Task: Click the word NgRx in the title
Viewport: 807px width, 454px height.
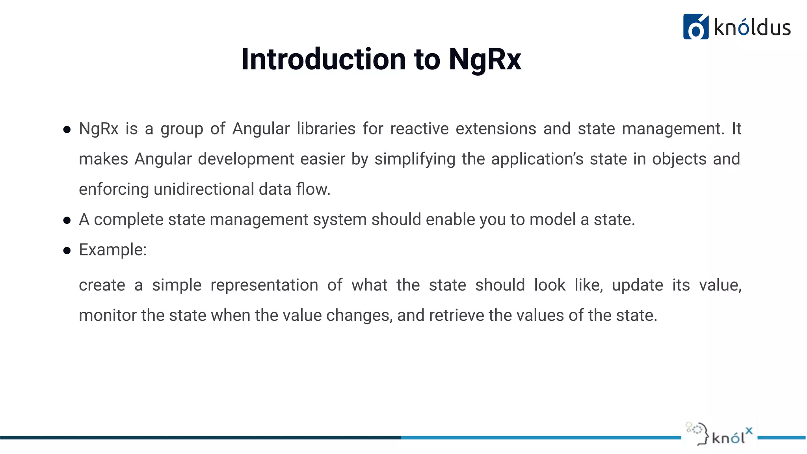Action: [x=485, y=60]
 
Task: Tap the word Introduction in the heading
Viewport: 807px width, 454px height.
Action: [x=324, y=60]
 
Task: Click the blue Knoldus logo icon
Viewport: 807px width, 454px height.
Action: [x=695, y=27]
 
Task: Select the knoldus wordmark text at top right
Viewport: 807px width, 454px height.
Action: [x=752, y=28]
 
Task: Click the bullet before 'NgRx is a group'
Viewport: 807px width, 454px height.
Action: [x=67, y=129]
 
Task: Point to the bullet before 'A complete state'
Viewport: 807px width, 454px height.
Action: [x=67, y=220]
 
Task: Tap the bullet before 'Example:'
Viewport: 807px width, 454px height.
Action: [x=67, y=251]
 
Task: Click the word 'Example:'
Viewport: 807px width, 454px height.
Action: [x=113, y=250]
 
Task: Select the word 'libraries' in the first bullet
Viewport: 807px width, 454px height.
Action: [x=326, y=129]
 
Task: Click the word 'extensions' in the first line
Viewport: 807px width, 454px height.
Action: [x=496, y=129]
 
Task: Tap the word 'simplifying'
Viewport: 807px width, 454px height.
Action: [x=415, y=159]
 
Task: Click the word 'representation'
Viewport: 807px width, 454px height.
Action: [x=264, y=285]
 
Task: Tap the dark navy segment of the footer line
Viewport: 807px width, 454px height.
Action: [x=197, y=437]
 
